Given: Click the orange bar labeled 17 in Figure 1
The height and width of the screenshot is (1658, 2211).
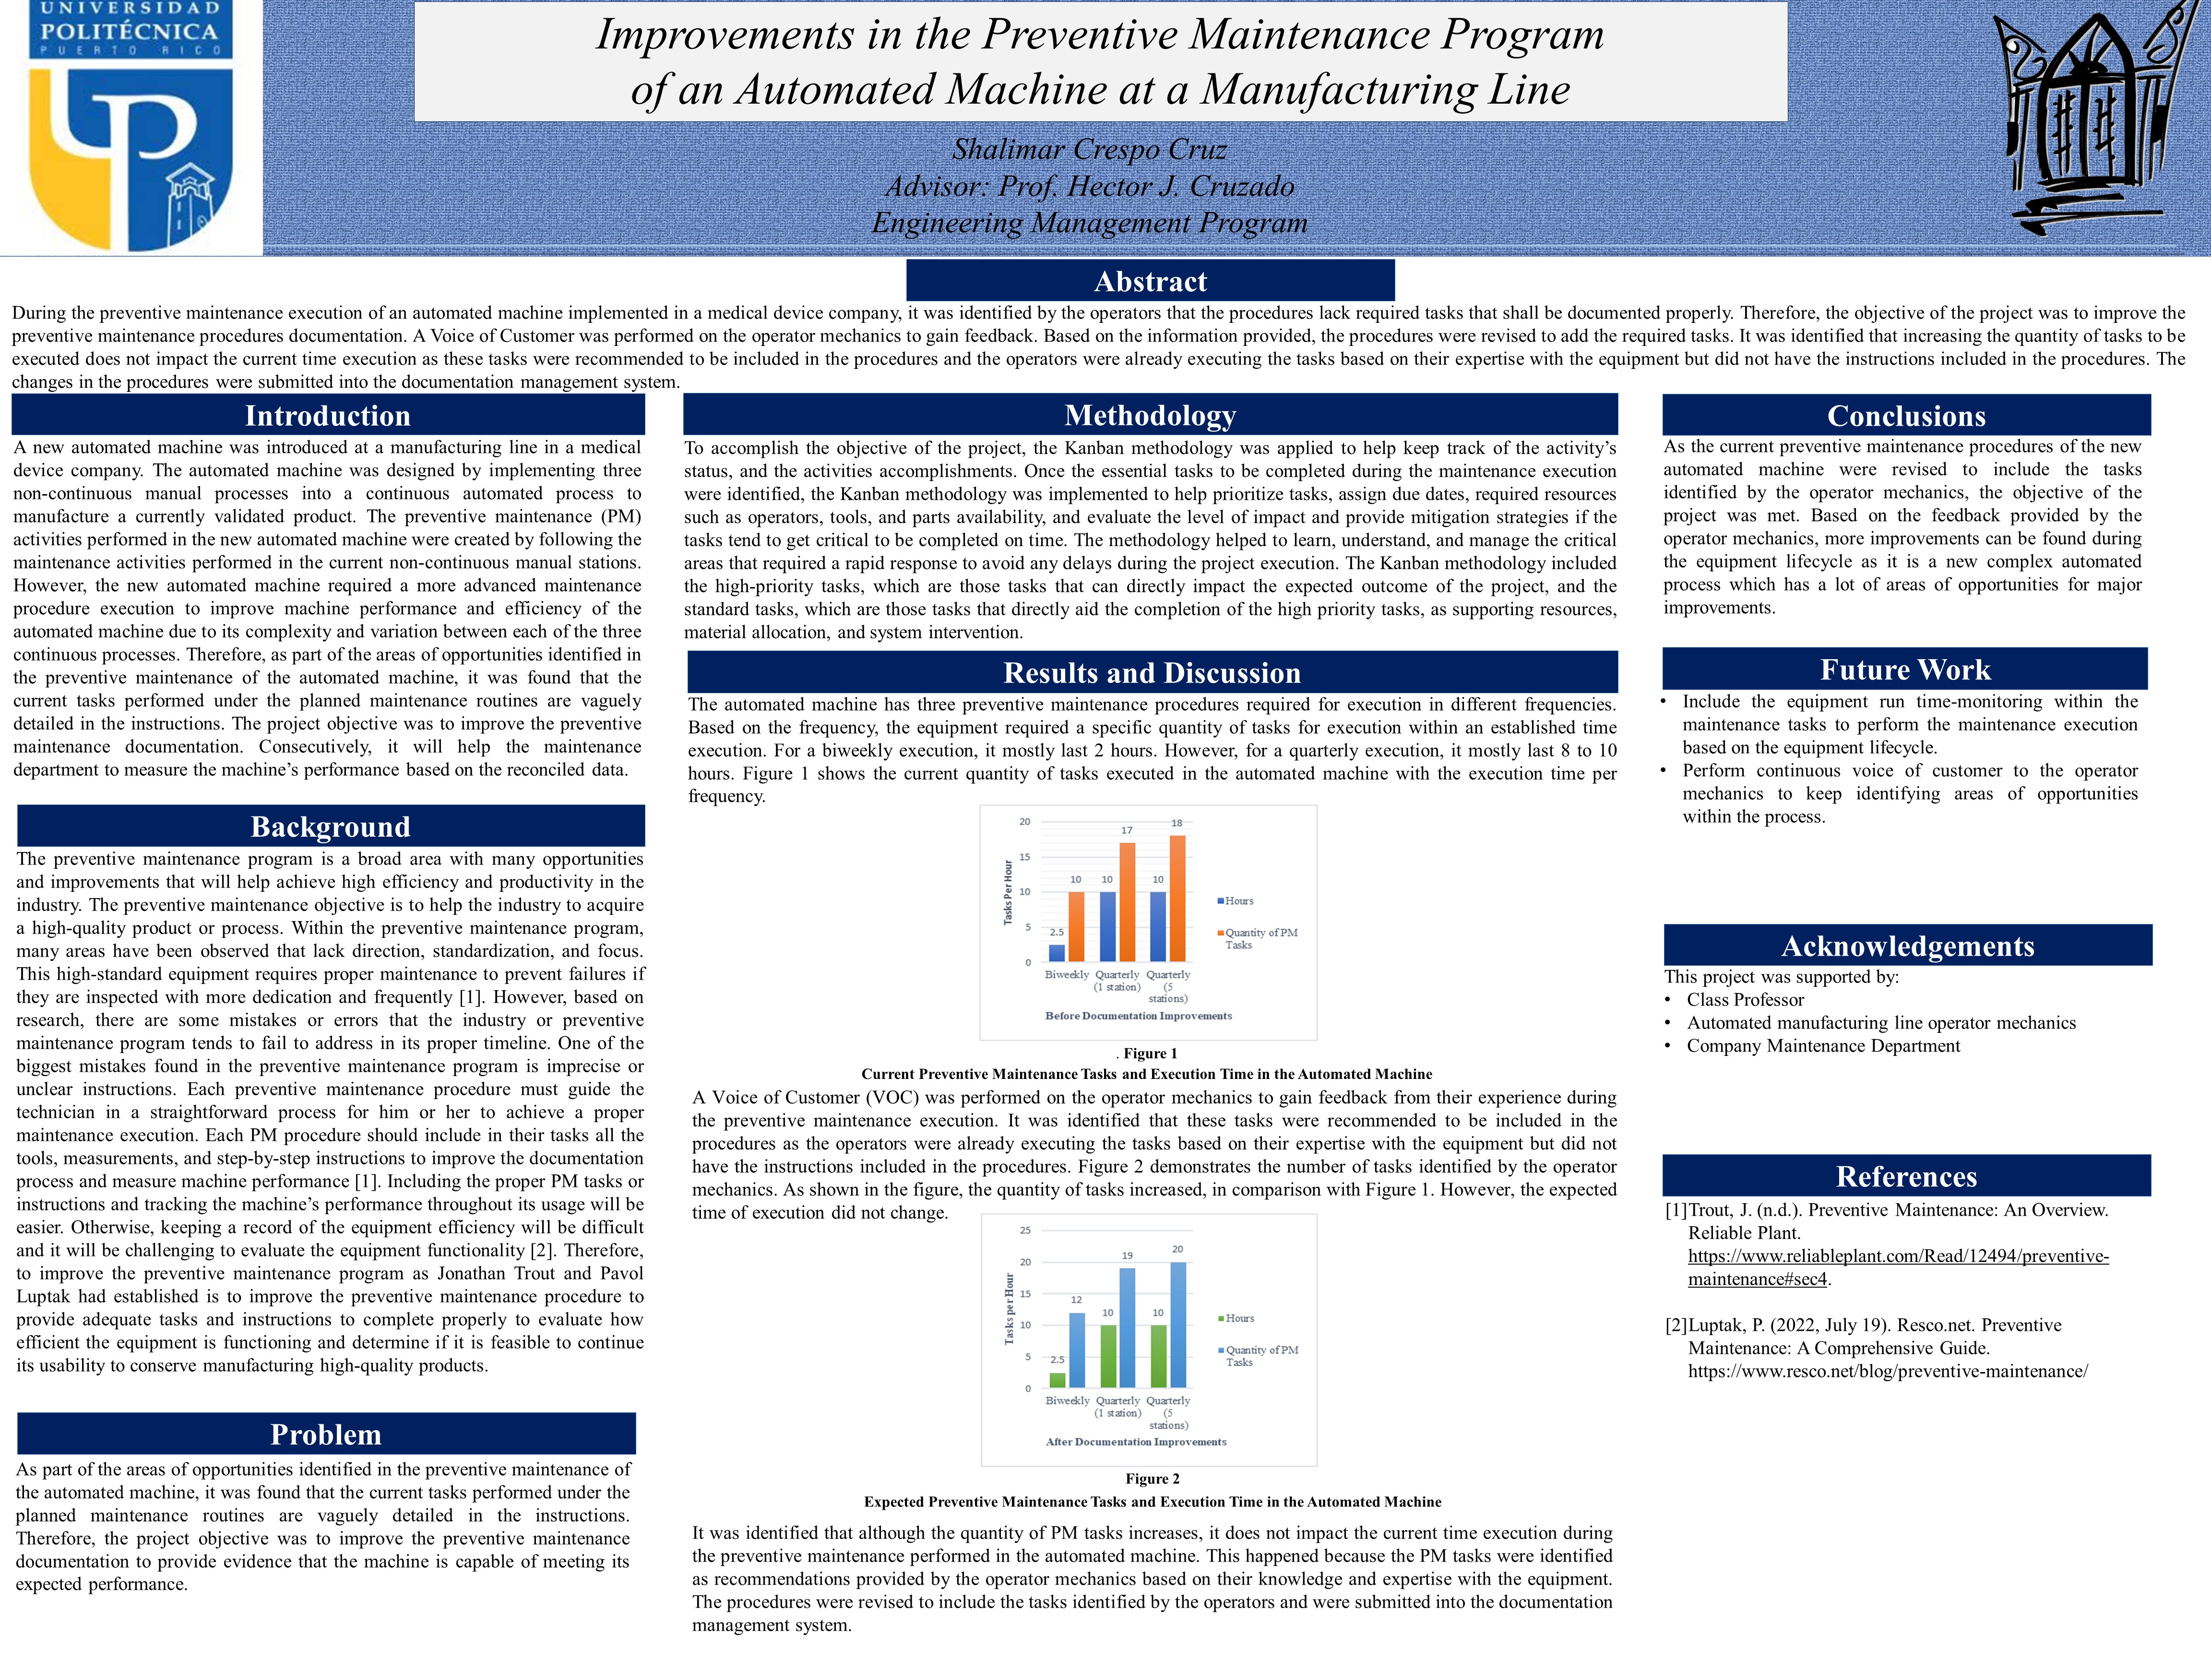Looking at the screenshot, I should pos(1127,901).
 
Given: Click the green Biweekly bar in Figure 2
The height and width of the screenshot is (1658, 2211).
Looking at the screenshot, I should pos(1058,1380).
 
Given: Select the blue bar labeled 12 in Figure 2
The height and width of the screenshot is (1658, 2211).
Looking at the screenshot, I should pos(1077,1349).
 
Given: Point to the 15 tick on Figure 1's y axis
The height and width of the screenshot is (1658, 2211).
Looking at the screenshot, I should pos(1024,856).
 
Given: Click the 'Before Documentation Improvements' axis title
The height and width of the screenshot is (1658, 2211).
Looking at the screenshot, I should pos(1139,1016).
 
